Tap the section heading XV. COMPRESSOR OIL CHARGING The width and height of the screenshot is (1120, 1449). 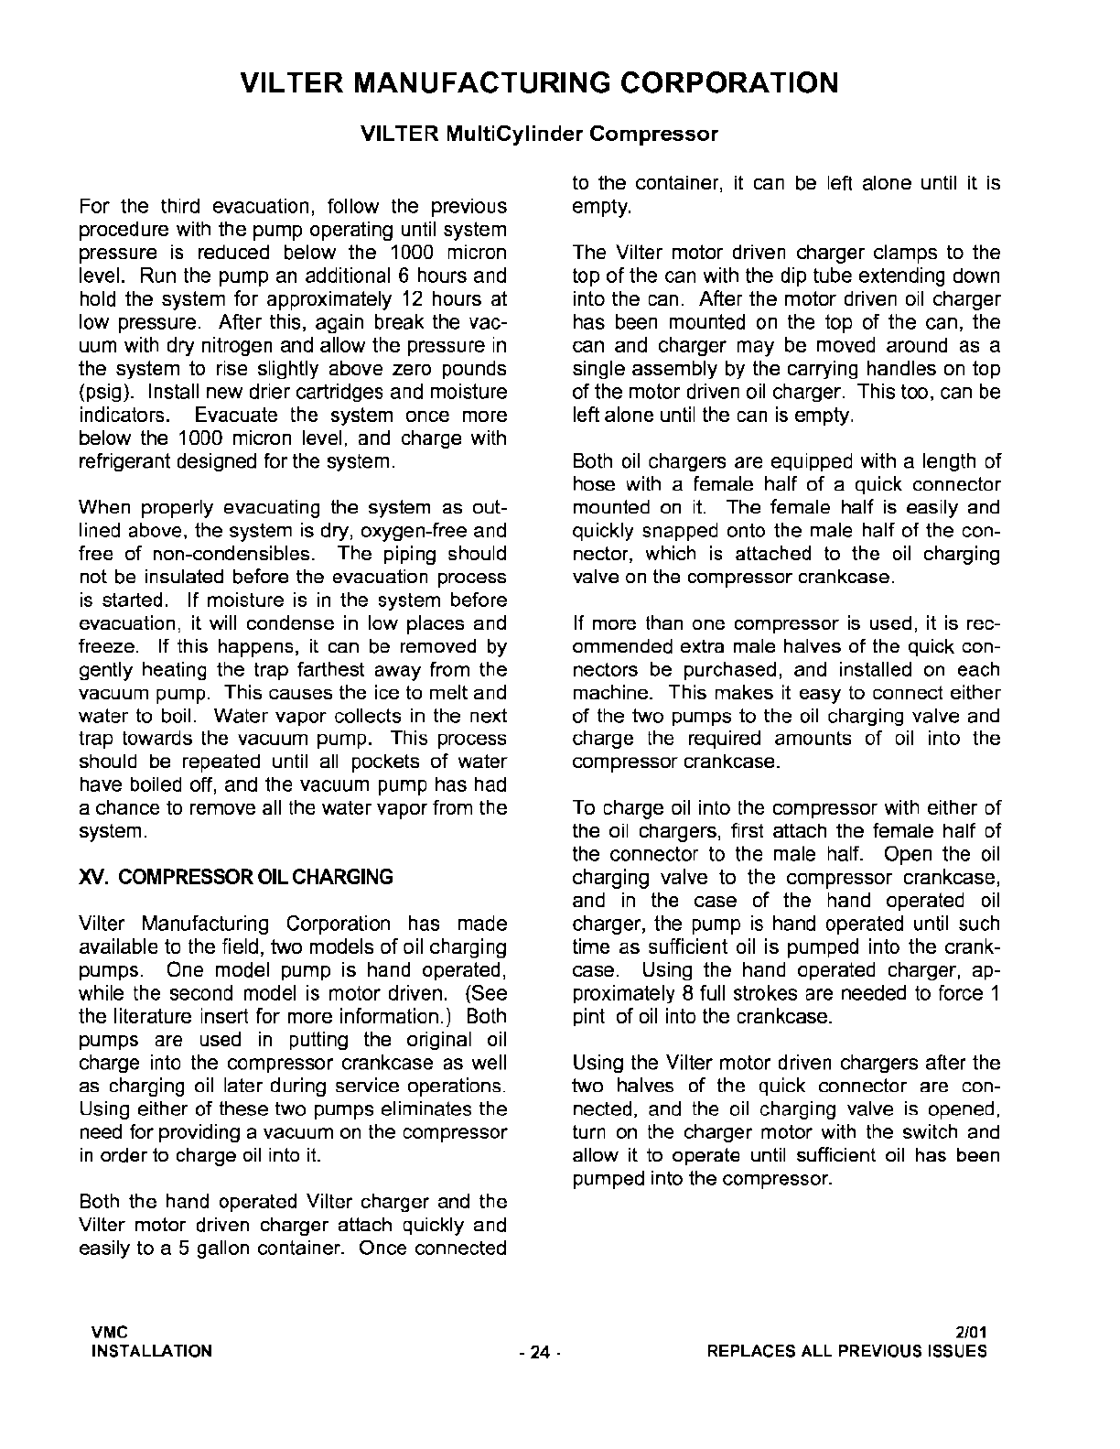pos(236,877)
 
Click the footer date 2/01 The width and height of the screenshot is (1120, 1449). pos(971,1332)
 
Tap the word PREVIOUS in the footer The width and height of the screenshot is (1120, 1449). pos(887,1351)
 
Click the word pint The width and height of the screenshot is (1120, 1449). pos(589,1016)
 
